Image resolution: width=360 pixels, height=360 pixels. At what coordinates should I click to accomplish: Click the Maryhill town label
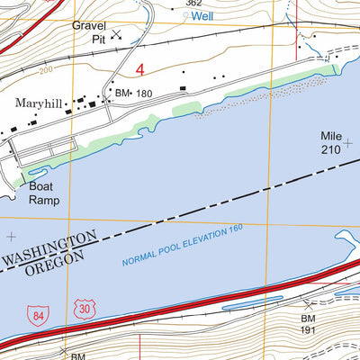38,103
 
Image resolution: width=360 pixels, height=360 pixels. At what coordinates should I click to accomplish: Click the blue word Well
203,15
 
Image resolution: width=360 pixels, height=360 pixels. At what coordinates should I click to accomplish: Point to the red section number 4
139,69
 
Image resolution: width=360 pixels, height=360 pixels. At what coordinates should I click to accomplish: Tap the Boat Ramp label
43,194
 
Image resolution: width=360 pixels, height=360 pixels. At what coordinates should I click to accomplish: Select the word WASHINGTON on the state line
49,250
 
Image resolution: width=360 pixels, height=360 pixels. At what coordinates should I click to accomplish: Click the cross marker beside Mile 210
347,142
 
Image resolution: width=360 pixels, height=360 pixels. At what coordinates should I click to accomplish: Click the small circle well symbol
186,15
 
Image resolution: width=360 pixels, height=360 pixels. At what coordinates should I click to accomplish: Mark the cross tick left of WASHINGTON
11,237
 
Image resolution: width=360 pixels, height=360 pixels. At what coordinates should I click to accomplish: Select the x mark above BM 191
310,305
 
